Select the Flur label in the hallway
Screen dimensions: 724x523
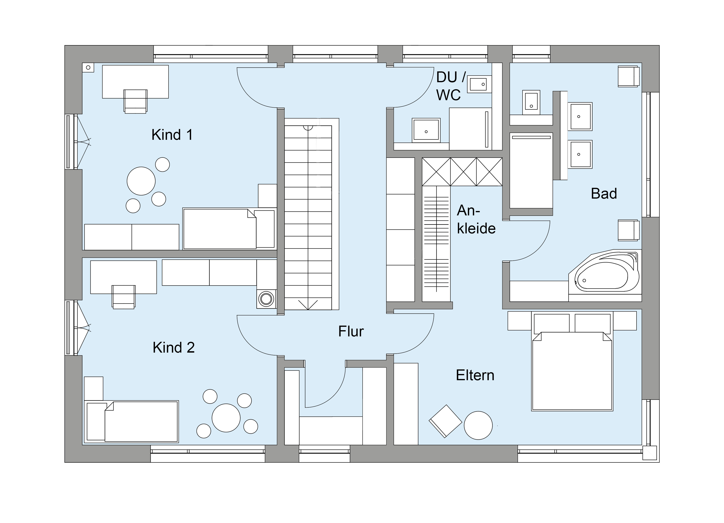(x=351, y=332)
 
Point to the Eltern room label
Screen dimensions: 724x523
(x=475, y=375)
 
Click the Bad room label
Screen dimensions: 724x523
(x=604, y=193)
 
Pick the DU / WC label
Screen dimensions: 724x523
(x=450, y=86)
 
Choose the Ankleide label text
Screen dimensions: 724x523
(x=476, y=220)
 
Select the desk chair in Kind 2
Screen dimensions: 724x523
(x=123, y=297)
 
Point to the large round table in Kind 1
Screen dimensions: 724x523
(x=141, y=181)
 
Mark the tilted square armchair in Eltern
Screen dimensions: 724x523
(x=445, y=421)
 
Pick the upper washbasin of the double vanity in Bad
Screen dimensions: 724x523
(x=580, y=116)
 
